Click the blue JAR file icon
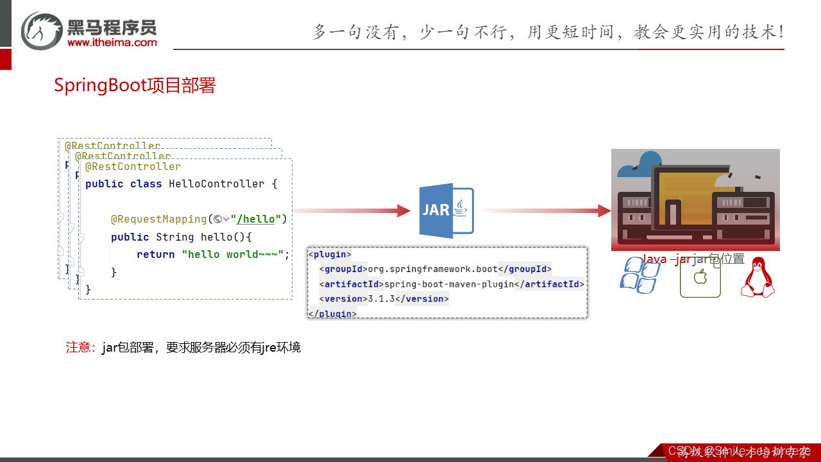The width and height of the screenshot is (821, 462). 446,210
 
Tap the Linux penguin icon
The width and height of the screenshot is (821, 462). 758,277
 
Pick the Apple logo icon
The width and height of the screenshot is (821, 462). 700,277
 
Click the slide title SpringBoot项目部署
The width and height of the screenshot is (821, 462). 135,85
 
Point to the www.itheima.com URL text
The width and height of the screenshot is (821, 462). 112,42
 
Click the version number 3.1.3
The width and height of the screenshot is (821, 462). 380,298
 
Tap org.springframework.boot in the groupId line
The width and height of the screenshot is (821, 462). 432,269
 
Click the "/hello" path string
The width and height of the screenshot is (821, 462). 256,219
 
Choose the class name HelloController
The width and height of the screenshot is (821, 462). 216,184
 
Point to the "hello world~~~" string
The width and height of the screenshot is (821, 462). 232,254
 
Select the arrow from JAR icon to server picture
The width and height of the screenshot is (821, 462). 545,210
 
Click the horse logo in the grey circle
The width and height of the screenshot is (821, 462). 42,30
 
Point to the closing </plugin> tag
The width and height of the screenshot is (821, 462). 332,314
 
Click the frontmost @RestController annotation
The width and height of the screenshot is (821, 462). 133,166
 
